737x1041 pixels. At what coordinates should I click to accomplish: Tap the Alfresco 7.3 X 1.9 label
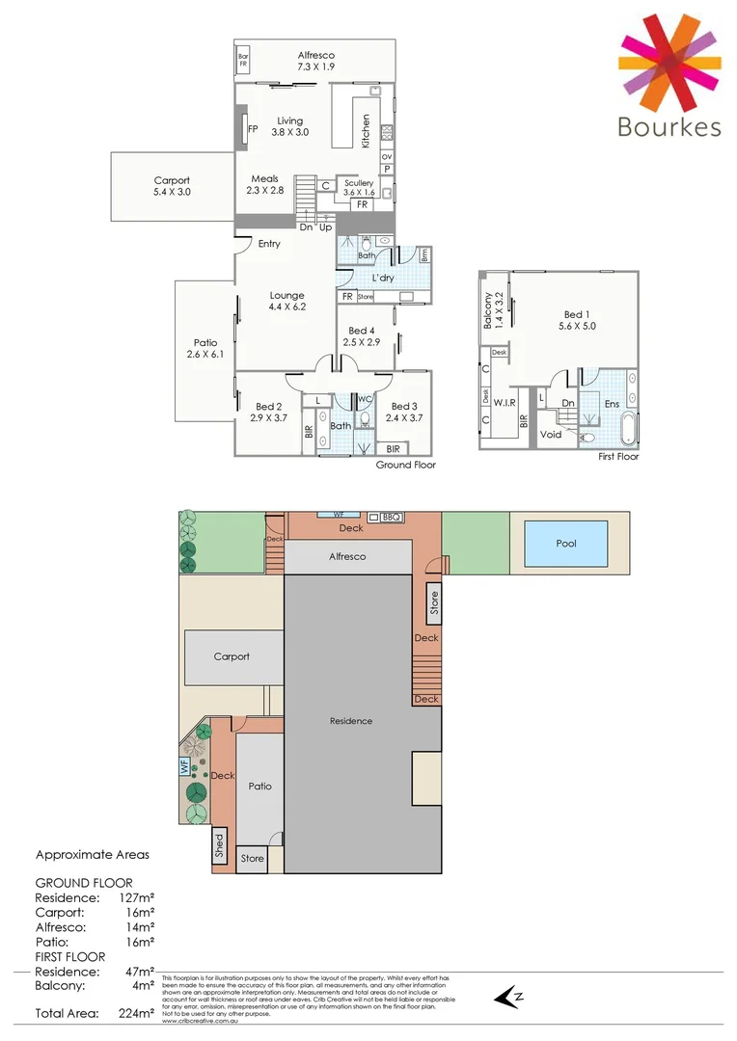coord(316,63)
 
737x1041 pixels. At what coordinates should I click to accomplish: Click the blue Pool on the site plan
coord(566,544)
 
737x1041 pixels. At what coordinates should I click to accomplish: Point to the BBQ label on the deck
coord(391,518)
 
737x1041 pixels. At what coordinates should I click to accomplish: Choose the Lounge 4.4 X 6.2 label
coord(287,301)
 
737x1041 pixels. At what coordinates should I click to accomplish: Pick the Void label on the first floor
coord(551,435)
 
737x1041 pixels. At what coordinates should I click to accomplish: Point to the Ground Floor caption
coord(405,465)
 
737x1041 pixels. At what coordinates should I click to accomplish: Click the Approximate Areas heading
coord(93,854)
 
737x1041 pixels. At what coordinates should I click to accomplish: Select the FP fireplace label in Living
coord(253,128)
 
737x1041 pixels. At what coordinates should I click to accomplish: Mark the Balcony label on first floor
coord(489,310)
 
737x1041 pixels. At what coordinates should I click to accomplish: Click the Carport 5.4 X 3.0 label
coord(172,186)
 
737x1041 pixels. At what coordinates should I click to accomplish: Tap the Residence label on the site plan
coord(350,720)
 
